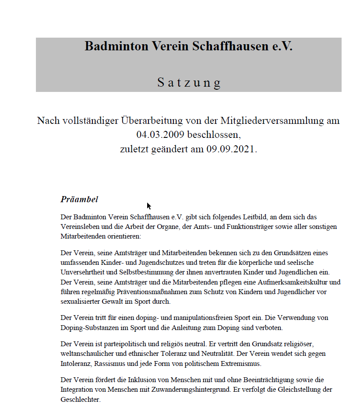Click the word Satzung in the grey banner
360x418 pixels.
(x=189, y=82)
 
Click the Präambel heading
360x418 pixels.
(x=79, y=200)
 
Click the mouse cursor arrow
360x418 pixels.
(x=149, y=206)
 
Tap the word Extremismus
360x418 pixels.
(x=242, y=363)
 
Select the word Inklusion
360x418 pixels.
(x=131, y=379)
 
